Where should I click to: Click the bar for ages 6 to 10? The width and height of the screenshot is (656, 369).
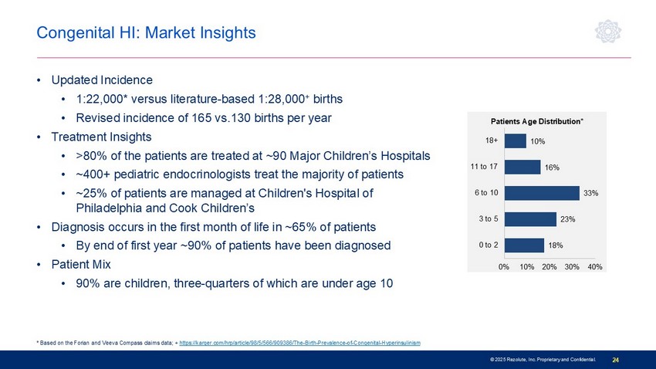(x=541, y=192)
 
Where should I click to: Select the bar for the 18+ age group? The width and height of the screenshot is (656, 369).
(x=515, y=140)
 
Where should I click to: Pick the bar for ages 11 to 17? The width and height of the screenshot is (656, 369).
(x=522, y=167)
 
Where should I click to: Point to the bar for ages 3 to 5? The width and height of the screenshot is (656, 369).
(x=529, y=218)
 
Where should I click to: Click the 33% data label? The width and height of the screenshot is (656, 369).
(x=591, y=193)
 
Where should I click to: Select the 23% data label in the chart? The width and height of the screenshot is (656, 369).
(x=567, y=219)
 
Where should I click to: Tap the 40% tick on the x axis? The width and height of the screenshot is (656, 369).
(x=594, y=266)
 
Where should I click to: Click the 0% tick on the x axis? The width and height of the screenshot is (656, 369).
(x=503, y=266)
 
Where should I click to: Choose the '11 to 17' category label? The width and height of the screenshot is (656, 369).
(x=483, y=167)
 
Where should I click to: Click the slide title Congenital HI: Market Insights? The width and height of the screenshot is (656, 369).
(x=147, y=33)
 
